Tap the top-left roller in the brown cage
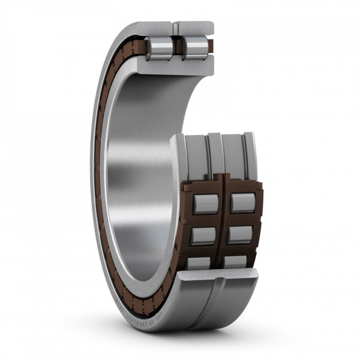coord(205,204)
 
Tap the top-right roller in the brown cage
coord(243,204)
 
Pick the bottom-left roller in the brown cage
coord(200,263)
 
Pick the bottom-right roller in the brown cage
coord(236,262)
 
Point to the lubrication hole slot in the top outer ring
coord(174,28)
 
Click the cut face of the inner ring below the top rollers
coord(177,67)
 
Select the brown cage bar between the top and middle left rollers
coord(205,220)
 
